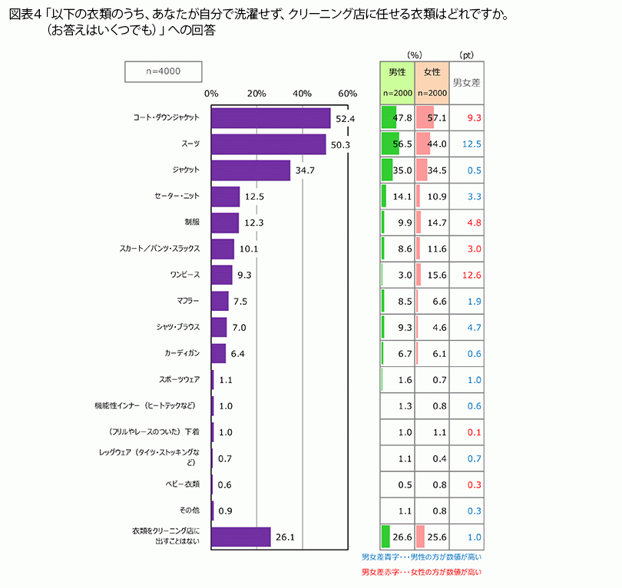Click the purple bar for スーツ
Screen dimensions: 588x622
268,144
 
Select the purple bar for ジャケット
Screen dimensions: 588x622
250,170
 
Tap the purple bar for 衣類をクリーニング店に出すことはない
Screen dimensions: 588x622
240,537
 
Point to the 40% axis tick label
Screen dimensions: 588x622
302,94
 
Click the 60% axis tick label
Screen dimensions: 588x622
348,94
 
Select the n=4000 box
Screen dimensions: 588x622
163,71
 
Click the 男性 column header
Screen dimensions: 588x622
397,72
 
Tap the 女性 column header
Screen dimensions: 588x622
432,72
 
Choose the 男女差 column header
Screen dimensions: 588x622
466,82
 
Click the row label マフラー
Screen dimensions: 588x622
188,301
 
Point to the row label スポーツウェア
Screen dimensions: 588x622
179,379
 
